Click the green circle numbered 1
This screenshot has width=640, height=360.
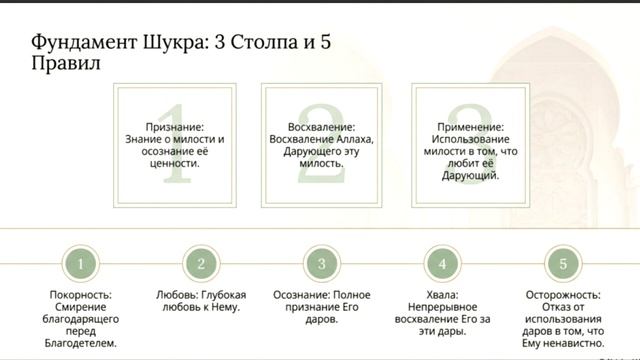[81, 264]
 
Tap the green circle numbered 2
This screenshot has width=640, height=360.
[201, 264]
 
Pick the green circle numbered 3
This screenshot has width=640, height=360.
[321, 264]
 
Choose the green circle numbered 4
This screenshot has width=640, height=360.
[441, 264]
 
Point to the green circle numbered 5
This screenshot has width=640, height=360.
[562, 264]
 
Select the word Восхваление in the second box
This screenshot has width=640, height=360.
[322, 128]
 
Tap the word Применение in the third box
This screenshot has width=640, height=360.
[470, 128]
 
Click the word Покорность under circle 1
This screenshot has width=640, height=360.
[81, 296]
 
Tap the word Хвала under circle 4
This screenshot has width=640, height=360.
[441, 296]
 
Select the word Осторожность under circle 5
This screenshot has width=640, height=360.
[562, 296]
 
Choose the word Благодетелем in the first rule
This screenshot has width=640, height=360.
[81, 343]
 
